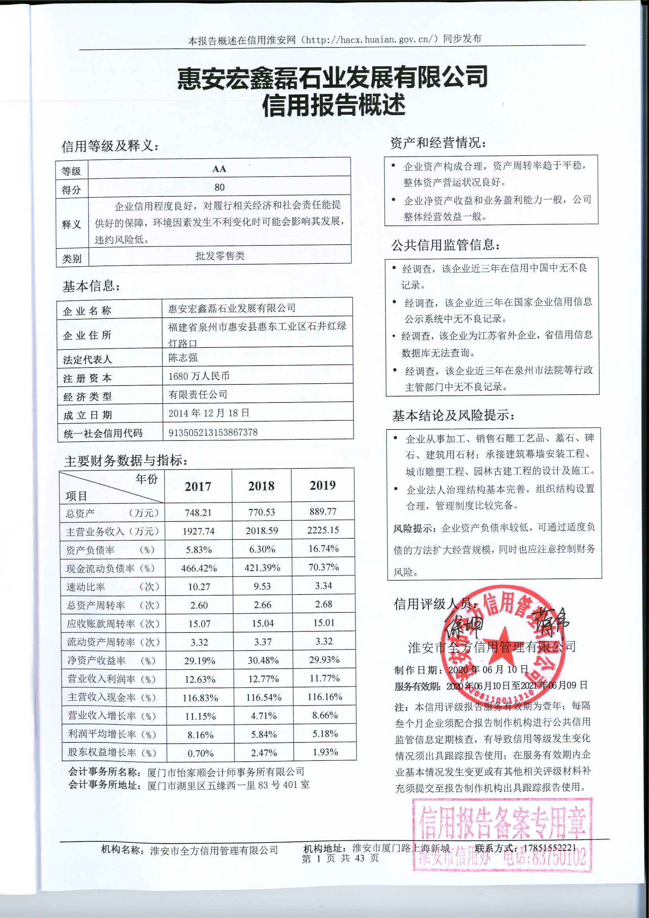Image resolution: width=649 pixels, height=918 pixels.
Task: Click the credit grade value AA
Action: (x=219, y=169)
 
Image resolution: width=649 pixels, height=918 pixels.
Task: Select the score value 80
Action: (x=219, y=187)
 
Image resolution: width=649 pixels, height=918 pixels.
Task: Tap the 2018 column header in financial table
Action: (x=261, y=486)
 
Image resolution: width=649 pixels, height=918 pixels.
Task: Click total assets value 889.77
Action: (x=323, y=511)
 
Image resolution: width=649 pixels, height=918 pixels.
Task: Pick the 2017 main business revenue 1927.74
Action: (x=198, y=531)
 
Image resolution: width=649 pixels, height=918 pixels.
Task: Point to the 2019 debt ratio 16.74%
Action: (x=324, y=549)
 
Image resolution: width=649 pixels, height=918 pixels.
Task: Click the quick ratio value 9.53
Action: (x=262, y=586)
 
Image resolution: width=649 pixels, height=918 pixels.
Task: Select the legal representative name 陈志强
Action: (x=183, y=357)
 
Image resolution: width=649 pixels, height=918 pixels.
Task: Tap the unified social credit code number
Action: (x=213, y=432)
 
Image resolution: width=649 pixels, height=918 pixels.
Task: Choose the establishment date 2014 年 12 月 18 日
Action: (x=209, y=413)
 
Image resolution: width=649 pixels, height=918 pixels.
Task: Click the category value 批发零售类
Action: (x=220, y=256)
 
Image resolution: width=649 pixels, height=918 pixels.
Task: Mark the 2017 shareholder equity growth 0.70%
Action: (x=200, y=753)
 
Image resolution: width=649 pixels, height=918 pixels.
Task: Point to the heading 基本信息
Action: (x=91, y=286)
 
